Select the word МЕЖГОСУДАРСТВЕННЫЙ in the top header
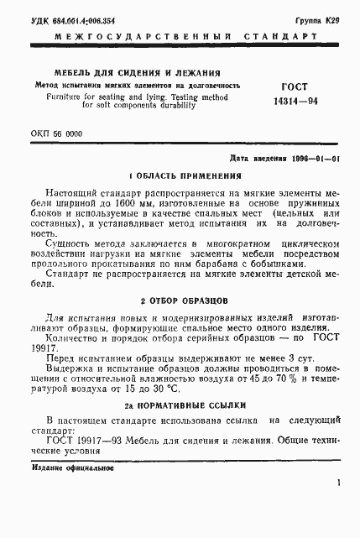click(125, 37)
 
